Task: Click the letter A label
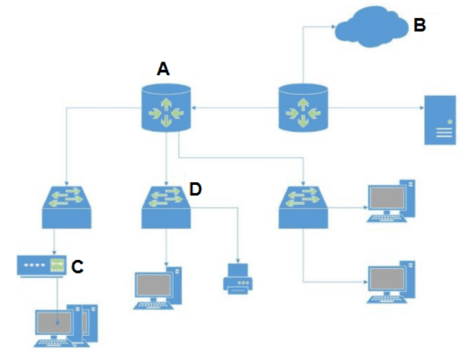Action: click(164, 69)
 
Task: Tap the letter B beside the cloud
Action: click(420, 26)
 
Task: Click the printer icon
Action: click(238, 277)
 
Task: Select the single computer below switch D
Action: click(157, 288)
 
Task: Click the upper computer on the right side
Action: click(390, 202)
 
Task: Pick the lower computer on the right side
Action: click(390, 283)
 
